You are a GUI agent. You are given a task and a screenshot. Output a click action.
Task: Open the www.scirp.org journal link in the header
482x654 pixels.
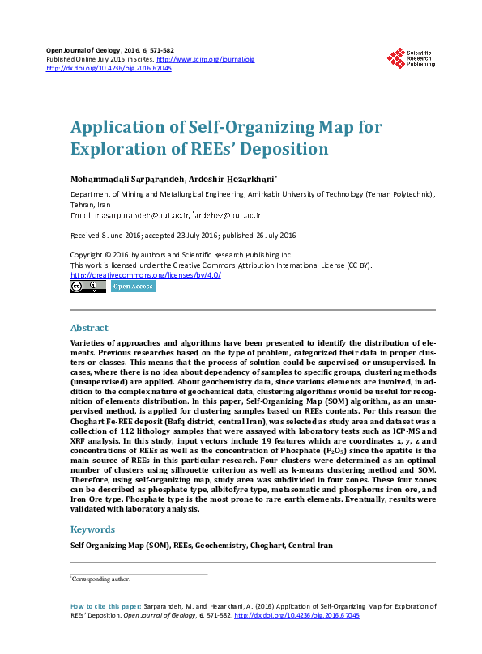[205, 59]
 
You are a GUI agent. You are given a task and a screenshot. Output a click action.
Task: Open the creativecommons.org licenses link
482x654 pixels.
[146, 274]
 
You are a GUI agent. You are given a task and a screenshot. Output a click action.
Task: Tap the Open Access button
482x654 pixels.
[133, 287]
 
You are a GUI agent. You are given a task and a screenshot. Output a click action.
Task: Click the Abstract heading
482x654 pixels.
[89, 329]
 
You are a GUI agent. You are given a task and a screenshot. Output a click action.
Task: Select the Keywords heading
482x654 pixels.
[93, 529]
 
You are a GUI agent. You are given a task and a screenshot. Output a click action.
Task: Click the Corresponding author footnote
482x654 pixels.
[102, 580]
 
